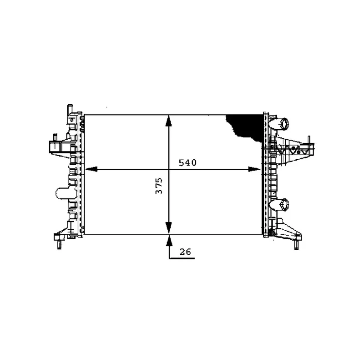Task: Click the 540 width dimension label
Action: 187,163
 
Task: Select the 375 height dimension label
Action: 159,186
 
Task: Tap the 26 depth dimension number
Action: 185,252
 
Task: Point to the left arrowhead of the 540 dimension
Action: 91,169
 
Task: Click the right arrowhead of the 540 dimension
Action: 255,169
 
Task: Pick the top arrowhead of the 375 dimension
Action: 168,121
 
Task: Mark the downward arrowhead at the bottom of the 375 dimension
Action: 168,228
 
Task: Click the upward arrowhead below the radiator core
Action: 169,240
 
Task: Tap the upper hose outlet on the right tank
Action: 280,124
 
